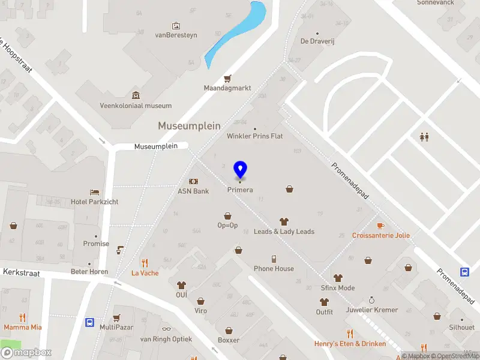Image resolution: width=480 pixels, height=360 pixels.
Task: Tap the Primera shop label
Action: coord(240,190)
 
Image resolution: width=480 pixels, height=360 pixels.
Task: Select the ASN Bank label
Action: coord(193,191)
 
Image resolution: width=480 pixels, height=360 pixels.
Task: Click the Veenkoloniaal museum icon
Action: coord(136,95)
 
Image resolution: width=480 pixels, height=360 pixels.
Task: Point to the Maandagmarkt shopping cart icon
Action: coord(227,79)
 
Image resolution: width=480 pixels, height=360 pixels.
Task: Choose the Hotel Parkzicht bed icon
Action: coord(94,192)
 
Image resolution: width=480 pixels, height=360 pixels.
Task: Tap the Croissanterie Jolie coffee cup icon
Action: coord(380,226)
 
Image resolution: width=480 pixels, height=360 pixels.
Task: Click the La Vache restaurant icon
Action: coord(145,263)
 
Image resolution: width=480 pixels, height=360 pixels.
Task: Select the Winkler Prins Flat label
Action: coord(254,136)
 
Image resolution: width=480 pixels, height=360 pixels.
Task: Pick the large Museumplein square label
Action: coord(189,126)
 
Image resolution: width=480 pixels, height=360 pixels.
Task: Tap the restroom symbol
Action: coord(424,137)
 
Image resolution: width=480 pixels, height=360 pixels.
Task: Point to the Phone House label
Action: coord(274,269)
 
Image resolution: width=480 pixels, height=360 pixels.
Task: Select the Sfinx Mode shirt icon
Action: coord(338,278)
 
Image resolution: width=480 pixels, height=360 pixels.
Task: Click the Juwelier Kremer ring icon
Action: coord(371,299)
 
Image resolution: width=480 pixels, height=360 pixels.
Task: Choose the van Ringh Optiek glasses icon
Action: coord(166,329)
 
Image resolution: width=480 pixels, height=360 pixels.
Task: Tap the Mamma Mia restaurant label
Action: coord(22,328)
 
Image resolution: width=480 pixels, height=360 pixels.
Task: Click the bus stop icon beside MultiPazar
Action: coord(89,322)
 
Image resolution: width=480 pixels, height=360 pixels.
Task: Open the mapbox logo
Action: coord(27,352)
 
